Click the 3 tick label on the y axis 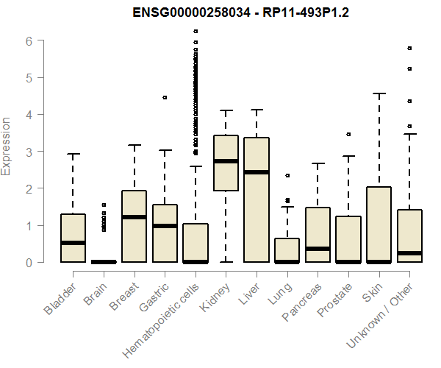[x=29, y=152]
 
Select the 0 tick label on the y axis [x=29, y=263]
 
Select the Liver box [x=257, y=199]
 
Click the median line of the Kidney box [x=226, y=161]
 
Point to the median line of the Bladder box [x=73, y=243]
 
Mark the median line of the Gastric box [x=165, y=226]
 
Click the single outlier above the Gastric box [x=165, y=97]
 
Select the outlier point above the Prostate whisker [x=348, y=135]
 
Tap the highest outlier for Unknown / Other [x=409, y=49]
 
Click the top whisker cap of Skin [x=379, y=93]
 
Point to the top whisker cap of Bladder [x=73, y=154]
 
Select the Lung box [x=287, y=250]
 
